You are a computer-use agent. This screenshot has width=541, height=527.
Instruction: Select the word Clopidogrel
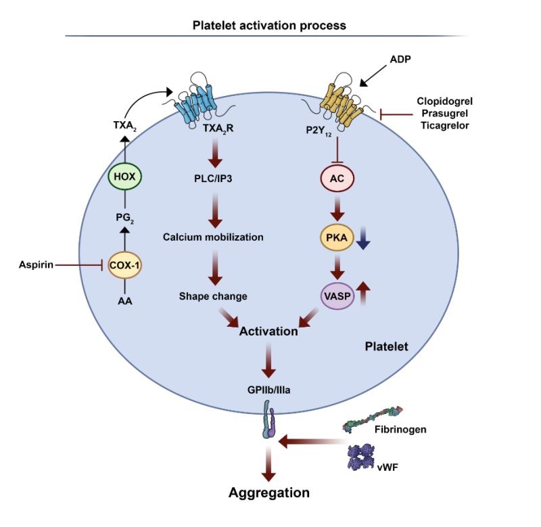pos(447,102)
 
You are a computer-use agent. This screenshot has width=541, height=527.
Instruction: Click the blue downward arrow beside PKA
pos(365,238)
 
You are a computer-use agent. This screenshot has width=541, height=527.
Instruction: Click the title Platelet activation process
pos(269,25)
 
